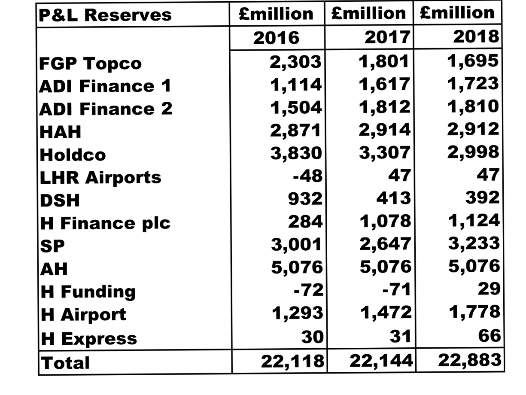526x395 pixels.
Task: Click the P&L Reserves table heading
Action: pos(105,15)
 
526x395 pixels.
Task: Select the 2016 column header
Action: pos(276,38)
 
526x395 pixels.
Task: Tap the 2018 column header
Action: pos(476,37)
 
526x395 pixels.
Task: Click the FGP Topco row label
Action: pos(90,64)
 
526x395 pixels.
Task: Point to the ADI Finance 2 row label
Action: pos(106,109)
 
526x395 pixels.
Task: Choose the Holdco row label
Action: pos(73,155)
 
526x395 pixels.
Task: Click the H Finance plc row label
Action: pos(105,223)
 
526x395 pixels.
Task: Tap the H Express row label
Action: pos(88,339)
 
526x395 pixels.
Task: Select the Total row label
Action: pos(65,363)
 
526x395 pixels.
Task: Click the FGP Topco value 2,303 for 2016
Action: pos(295,62)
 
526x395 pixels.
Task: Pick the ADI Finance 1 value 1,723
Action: pos(473,83)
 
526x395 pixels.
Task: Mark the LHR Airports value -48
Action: pos(307,176)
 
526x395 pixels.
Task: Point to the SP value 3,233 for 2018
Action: pos(474,243)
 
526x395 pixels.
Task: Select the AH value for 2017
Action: pos(385,267)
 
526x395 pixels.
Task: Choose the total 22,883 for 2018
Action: pos(469,360)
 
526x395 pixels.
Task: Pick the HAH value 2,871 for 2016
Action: pos(295,130)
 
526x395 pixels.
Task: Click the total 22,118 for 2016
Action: pos(292,362)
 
